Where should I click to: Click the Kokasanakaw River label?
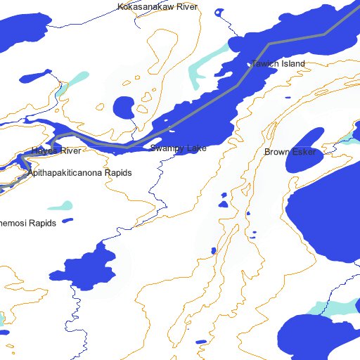pos(158,7)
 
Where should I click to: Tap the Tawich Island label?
pos(278,64)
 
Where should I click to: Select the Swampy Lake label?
pos(178,148)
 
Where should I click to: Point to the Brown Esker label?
pos(290,152)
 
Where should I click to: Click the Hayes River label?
pos(56,151)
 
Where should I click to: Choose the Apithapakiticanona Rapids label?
pos(79,172)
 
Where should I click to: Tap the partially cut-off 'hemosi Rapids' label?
pos(27,223)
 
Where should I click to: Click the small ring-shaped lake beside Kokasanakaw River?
pos(219,12)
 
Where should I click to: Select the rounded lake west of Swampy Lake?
pos(125,108)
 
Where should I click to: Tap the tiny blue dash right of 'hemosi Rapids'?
pos(67,221)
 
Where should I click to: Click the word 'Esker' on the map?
pos(302,152)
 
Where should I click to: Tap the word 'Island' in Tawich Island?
pos(292,64)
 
